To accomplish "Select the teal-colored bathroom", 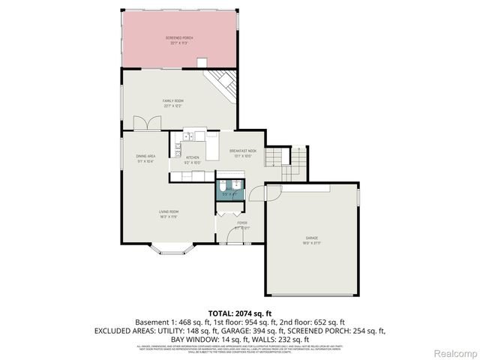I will tap(229, 188).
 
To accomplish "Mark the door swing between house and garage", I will tap(256, 193).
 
